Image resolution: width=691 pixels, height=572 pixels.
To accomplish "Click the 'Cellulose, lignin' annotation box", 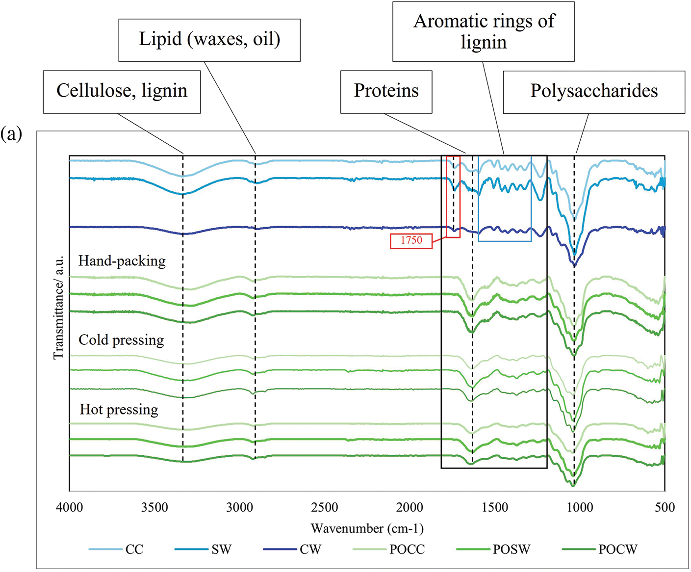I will click(x=122, y=92).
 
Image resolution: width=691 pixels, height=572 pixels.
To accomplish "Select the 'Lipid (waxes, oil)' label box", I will click(x=209, y=40).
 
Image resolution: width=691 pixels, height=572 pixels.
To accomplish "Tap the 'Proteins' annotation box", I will click(x=386, y=92).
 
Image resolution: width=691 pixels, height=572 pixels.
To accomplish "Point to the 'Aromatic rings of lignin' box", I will click(x=484, y=31).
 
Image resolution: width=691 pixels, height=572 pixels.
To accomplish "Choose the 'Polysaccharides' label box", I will click(x=594, y=92).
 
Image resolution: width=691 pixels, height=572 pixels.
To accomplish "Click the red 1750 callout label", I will click(x=411, y=241).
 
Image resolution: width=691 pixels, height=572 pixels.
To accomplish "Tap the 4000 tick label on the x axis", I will click(x=70, y=507).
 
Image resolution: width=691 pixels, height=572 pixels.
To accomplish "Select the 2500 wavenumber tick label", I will click(x=325, y=507).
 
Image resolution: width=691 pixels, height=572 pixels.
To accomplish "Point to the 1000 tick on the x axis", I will click(x=580, y=507).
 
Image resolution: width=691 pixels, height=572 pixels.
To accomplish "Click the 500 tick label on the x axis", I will click(x=665, y=507).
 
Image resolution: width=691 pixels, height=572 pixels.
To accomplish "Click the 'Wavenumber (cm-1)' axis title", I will click(x=367, y=528).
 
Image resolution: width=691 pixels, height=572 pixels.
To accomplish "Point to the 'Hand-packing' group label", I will click(x=122, y=261).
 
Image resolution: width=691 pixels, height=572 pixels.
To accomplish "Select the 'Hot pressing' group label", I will click(x=119, y=410).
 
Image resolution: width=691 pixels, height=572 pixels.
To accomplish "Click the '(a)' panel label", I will click(x=11, y=133).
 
